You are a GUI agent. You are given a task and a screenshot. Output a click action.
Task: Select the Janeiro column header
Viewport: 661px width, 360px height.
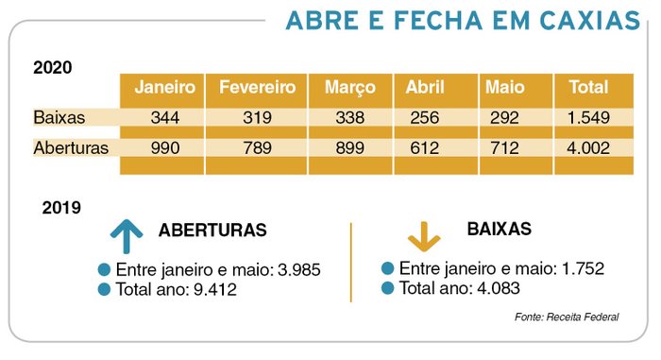164,88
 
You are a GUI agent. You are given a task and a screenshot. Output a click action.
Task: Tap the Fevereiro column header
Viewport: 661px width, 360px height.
257,88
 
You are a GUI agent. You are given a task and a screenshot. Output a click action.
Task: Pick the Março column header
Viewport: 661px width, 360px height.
349,88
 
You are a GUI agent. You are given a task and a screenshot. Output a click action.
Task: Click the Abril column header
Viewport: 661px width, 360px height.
425,88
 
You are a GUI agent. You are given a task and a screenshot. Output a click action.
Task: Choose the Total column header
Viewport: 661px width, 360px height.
587,88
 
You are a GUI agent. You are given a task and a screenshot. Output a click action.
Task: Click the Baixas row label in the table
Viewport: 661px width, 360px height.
59,119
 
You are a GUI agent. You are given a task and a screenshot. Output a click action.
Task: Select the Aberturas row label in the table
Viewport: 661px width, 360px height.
71,148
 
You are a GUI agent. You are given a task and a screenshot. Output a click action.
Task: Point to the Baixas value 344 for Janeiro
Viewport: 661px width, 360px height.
164,119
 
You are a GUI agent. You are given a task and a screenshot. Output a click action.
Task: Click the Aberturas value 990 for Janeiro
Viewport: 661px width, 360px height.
164,148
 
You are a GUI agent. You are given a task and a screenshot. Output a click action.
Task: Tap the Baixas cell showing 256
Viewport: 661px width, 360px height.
426,119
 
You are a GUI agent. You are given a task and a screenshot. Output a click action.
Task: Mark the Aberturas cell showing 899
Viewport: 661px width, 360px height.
349,148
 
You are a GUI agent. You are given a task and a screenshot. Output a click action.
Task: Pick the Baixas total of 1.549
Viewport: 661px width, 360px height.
588,119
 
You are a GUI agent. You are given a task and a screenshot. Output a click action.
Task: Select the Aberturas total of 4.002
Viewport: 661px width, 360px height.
588,148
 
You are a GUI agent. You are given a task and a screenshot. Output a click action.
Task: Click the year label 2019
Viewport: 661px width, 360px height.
61,207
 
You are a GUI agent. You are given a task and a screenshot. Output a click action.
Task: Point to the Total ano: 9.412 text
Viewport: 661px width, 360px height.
175,290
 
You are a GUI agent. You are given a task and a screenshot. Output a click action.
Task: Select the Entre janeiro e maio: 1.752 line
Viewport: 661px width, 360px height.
500,268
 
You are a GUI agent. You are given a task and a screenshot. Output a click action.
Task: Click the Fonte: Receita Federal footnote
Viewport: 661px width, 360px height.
567,317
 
